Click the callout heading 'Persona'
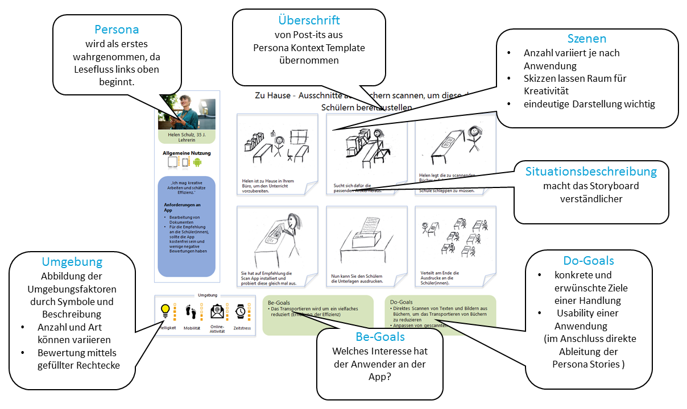[x=117, y=30]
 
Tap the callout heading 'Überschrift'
[x=309, y=20]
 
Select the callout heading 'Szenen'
[x=587, y=39]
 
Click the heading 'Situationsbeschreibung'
[x=591, y=171]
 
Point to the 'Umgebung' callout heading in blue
[x=72, y=262]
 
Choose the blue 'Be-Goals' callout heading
[x=379, y=337]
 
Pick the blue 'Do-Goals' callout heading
[x=588, y=261]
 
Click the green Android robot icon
[x=197, y=162]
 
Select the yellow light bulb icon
[x=165, y=310]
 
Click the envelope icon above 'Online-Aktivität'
[x=217, y=311]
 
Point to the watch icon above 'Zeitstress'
[x=241, y=311]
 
